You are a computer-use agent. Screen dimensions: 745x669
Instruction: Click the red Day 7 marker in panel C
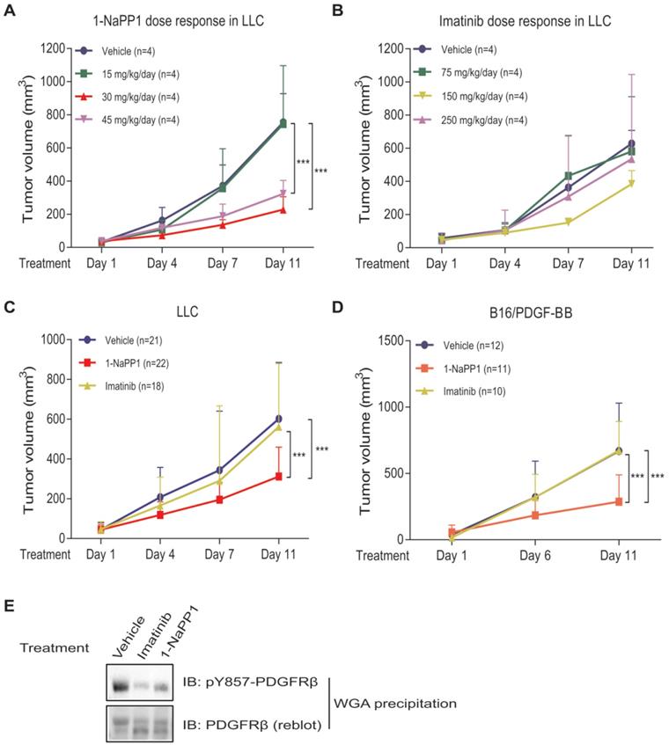(x=220, y=500)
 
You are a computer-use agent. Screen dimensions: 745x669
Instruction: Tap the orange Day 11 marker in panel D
(x=619, y=501)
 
